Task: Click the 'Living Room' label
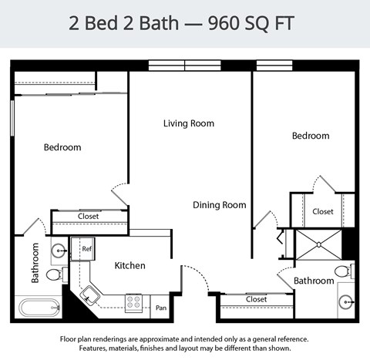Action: click(x=188, y=123)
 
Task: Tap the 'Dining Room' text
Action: click(x=219, y=205)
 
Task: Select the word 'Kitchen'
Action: click(x=129, y=265)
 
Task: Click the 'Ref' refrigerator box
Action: click(x=87, y=249)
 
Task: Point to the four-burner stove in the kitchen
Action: click(x=134, y=302)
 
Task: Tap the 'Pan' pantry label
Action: click(x=161, y=308)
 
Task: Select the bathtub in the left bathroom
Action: click(x=39, y=309)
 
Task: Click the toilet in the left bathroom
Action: click(x=55, y=274)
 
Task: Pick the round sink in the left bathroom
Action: click(x=59, y=250)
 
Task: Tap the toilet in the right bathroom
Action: click(x=343, y=271)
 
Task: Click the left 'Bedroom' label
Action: click(x=62, y=147)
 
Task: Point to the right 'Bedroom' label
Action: click(x=310, y=136)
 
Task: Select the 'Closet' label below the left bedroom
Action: click(x=88, y=217)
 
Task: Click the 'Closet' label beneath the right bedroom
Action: click(x=322, y=211)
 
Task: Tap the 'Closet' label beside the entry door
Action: click(x=256, y=299)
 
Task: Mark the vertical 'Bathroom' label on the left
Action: click(x=35, y=263)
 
